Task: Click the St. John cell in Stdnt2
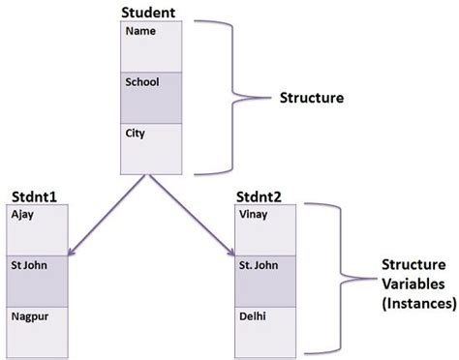coord(265,280)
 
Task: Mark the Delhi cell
coord(265,330)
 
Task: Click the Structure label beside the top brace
coord(312,98)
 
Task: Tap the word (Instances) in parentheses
coord(416,302)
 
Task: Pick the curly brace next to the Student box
coord(230,97)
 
